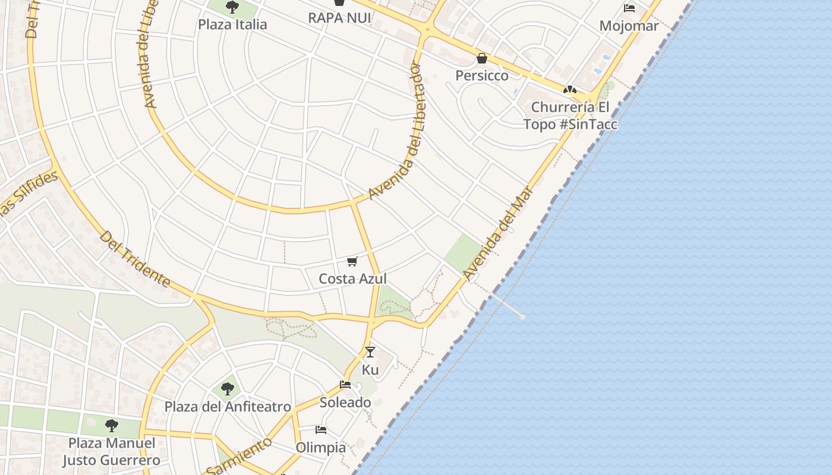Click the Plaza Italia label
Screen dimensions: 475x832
coord(232,24)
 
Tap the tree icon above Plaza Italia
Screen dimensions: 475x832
coord(232,8)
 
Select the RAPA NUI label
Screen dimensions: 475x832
coord(339,18)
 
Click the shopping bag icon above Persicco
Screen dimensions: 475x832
coord(482,58)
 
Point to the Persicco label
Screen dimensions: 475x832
coord(482,75)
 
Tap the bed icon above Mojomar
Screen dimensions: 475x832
coord(629,8)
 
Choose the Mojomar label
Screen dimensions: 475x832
coord(629,26)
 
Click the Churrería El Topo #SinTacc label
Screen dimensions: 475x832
coord(570,116)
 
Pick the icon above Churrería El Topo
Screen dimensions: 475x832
coord(570,90)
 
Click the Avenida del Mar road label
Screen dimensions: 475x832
coord(498,232)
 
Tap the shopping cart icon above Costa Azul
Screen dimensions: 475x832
coord(352,261)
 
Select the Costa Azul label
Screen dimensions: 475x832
coord(352,278)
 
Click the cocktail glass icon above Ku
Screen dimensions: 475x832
coord(370,352)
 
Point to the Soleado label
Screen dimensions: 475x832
coord(345,402)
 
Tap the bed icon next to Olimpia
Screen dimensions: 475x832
coord(321,430)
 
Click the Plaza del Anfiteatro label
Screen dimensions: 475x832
coord(228,407)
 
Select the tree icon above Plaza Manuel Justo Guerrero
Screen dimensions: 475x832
coord(111,425)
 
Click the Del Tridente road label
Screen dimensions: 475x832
coord(135,259)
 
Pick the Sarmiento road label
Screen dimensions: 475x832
coord(239,455)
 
